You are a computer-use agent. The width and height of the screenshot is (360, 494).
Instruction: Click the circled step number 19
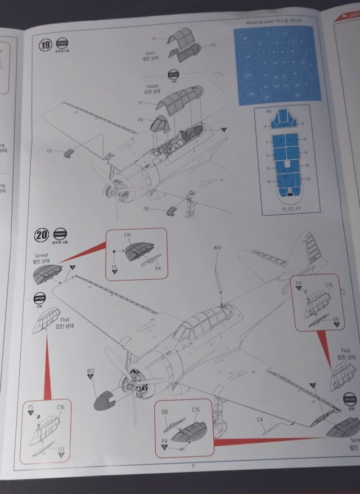44,43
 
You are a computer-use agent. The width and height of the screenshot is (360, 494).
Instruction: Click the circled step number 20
41,234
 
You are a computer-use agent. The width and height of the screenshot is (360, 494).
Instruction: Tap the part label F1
155,38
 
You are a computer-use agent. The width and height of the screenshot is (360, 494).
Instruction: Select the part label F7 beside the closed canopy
141,103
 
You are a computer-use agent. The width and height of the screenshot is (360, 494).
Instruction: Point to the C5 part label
49,151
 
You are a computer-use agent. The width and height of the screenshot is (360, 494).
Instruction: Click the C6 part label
146,209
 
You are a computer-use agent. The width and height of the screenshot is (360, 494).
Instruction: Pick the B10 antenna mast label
218,248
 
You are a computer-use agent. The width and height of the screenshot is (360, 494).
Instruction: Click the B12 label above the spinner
90,371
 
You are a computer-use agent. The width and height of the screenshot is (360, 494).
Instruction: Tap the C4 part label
260,419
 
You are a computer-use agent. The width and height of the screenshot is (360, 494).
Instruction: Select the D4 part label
158,269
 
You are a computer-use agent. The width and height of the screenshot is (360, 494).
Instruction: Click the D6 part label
165,412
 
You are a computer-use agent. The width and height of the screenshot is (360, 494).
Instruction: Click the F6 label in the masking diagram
269,111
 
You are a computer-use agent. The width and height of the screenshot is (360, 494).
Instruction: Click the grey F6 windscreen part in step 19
160,123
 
